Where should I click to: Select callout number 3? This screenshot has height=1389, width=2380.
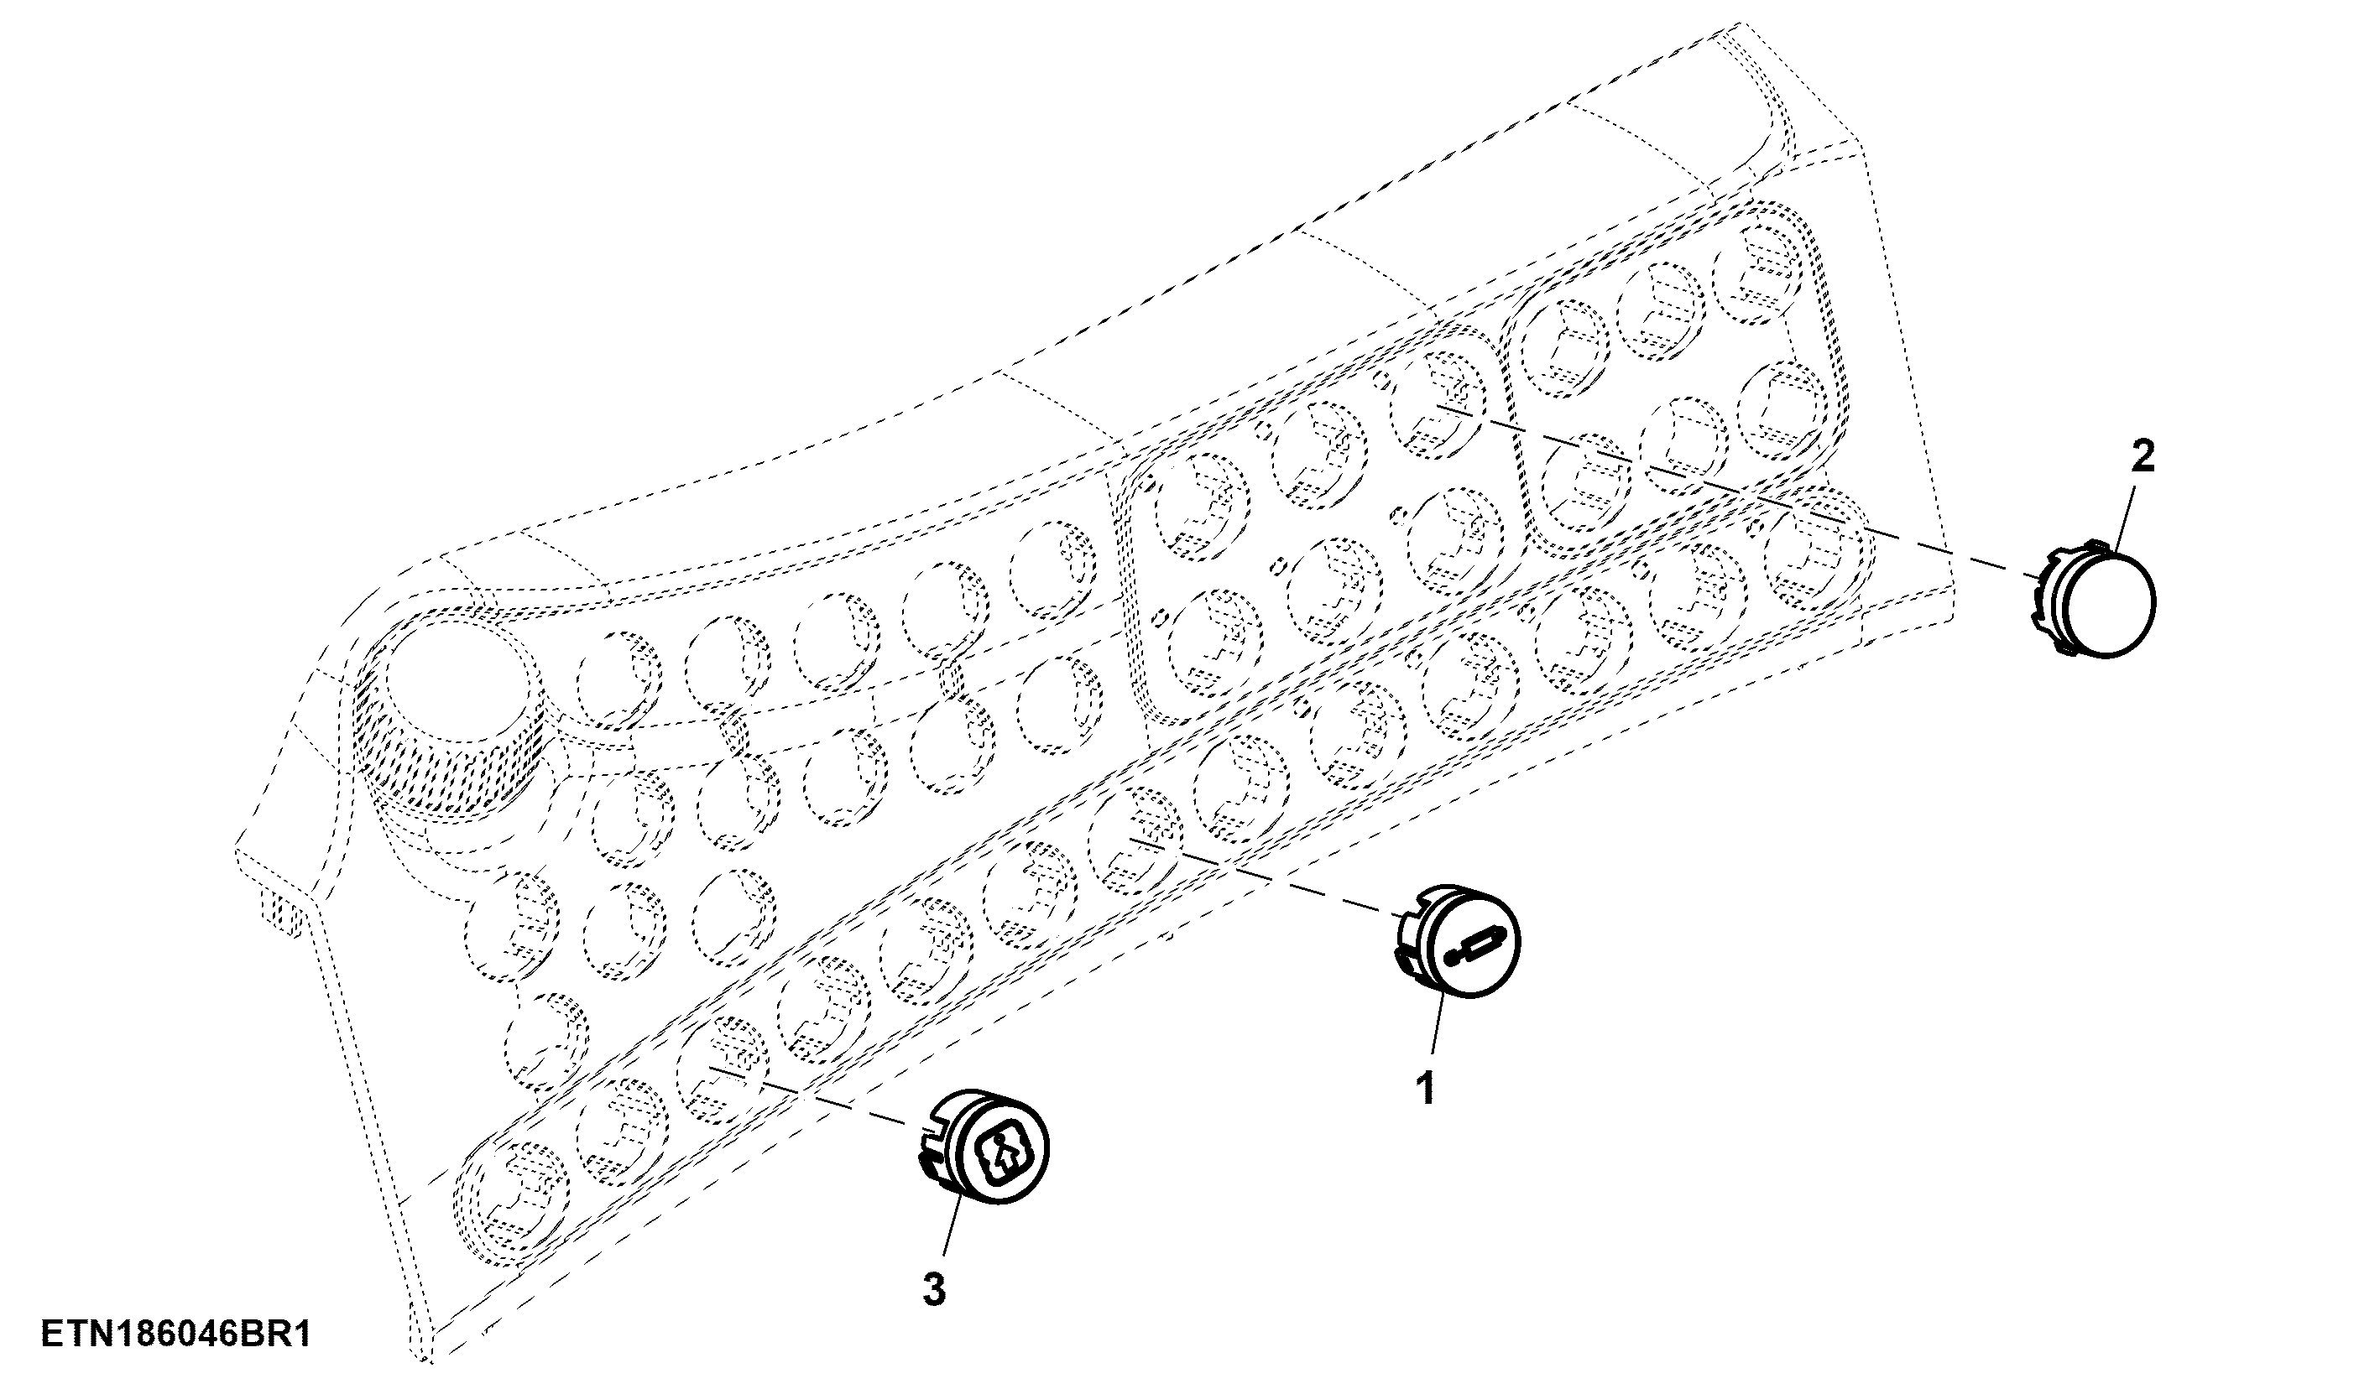[933, 1290]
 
